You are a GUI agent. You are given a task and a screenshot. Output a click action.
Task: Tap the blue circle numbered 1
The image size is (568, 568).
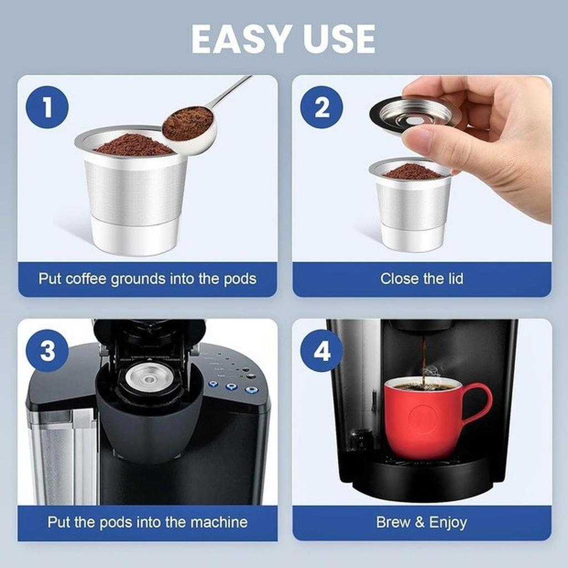coord(47,107)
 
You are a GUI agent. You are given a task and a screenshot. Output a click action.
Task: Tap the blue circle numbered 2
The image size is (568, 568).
coord(322,107)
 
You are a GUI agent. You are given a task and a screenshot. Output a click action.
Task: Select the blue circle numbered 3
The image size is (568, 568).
coord(47,351)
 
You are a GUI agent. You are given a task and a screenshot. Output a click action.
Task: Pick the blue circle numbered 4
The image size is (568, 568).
coord(322,351)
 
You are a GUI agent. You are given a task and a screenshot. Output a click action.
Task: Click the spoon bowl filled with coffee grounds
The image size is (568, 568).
coord(189,125)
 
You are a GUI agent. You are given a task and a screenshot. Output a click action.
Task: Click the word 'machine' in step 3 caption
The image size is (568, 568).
coord(219,522)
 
